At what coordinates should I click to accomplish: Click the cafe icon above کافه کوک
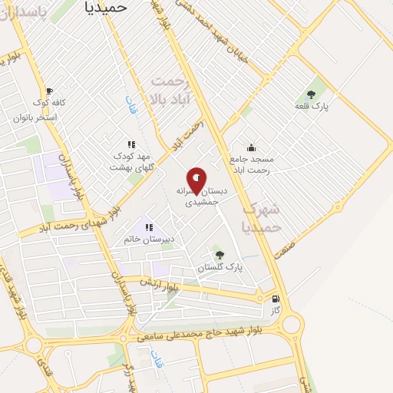(x=50, y=91)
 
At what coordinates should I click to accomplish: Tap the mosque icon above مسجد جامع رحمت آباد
(x=251, y=147)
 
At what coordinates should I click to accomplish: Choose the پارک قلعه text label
(x=315, y=107)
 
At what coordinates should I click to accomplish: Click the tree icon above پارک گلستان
(x=220, y=255)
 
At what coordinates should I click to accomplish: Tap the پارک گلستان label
(x=220, y=267)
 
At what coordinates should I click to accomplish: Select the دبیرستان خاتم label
(x=150, y=239)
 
